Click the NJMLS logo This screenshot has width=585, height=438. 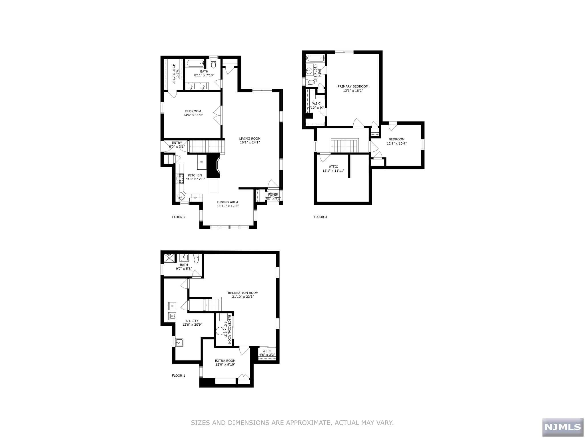click(x=563, y=427)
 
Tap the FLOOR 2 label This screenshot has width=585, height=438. click(x=179, y=217)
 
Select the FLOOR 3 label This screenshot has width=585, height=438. click(x=320, y=217)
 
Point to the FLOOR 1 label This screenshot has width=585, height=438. click(x=178, y=376)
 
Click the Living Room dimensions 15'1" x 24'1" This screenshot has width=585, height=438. click(x=250, y=143)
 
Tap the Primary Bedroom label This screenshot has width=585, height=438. click(x=353, y=86)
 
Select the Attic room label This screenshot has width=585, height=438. click(x=333, y=167)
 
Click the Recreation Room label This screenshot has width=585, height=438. click(x=243, y=293)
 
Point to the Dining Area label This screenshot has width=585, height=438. click(x=227, y=202)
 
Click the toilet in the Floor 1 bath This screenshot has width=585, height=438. click(x=196, y=259)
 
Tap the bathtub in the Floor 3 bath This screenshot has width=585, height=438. click(x=315, y=58)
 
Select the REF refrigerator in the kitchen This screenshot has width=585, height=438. click(x=201, y=162)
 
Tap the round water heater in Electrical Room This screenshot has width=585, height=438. click(x=220, y=331)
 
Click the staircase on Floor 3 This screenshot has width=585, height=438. click(x=344, y=146)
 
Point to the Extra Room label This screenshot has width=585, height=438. click(x=225, y=361)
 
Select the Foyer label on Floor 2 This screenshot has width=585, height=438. click(x=273, y=195)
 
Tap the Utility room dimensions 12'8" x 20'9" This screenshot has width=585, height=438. click(x=192, y=325)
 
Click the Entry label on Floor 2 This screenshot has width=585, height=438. click(x=177, y=143)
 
